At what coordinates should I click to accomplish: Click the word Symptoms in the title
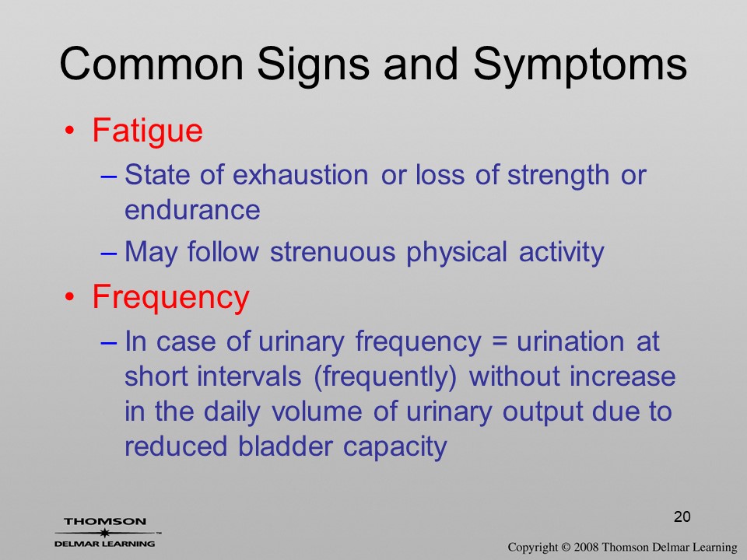(580, 66)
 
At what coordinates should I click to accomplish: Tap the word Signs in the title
(313, 66)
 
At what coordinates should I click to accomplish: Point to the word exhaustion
(300, 175)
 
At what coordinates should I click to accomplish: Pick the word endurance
(192, 210)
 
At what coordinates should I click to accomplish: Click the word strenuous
(332, 251)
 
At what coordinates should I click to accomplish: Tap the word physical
(457, 252)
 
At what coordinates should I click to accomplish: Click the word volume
(317, 412)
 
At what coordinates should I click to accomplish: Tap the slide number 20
(682, 516)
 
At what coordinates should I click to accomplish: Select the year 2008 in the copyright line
(585, 547)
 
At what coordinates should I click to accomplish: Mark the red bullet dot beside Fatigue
(69, 131)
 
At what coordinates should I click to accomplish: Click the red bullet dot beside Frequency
(69, 298)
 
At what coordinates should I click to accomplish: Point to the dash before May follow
(109, 254)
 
